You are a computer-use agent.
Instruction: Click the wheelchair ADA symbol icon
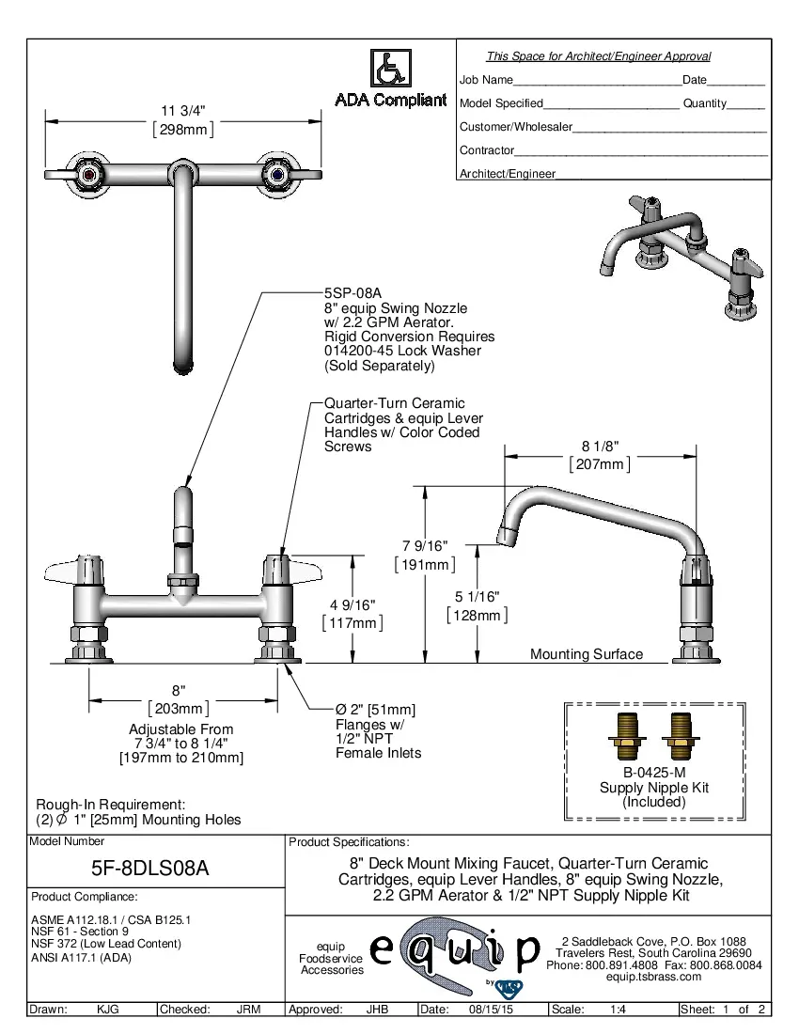click(390, 69)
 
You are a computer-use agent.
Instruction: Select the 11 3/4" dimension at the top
click(182, 111)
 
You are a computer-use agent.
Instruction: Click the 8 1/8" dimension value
click(600, 446)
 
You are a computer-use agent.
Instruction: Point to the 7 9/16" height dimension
click(425, 546)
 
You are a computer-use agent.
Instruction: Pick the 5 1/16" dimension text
click(478, 596)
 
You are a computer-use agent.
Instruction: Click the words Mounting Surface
click(587, 654)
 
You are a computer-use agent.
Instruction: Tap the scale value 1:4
click(619, 1010)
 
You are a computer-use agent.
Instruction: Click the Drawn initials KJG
click(107, 1010)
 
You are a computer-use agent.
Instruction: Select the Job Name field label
click(486, 81)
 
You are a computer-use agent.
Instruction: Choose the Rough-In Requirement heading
click(110, 805)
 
